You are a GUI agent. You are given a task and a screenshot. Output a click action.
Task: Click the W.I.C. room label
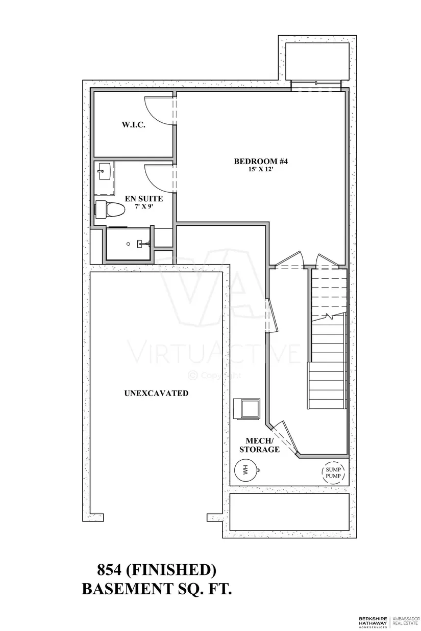pos(133,125)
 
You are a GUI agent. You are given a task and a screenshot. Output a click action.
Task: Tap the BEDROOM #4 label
pos(261,162)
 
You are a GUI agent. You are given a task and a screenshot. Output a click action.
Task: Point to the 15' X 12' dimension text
pos(261,170)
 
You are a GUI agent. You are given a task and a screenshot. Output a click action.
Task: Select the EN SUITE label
pos(144,199)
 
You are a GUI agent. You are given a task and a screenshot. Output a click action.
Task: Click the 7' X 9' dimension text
pos(144,206)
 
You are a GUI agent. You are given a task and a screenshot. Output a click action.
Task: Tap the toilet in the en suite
pos(110,209)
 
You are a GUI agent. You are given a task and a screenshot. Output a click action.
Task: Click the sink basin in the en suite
pos(104,172)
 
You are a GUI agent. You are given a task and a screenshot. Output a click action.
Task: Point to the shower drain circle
pos(128,244)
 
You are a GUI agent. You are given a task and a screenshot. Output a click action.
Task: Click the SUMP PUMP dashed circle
pos(333,472)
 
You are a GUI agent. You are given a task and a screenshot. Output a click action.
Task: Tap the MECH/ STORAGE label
pos(259,445)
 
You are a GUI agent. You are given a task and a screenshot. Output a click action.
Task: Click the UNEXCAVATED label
pos(157,393)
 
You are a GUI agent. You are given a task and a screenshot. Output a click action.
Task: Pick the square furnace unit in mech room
pos(246,409)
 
